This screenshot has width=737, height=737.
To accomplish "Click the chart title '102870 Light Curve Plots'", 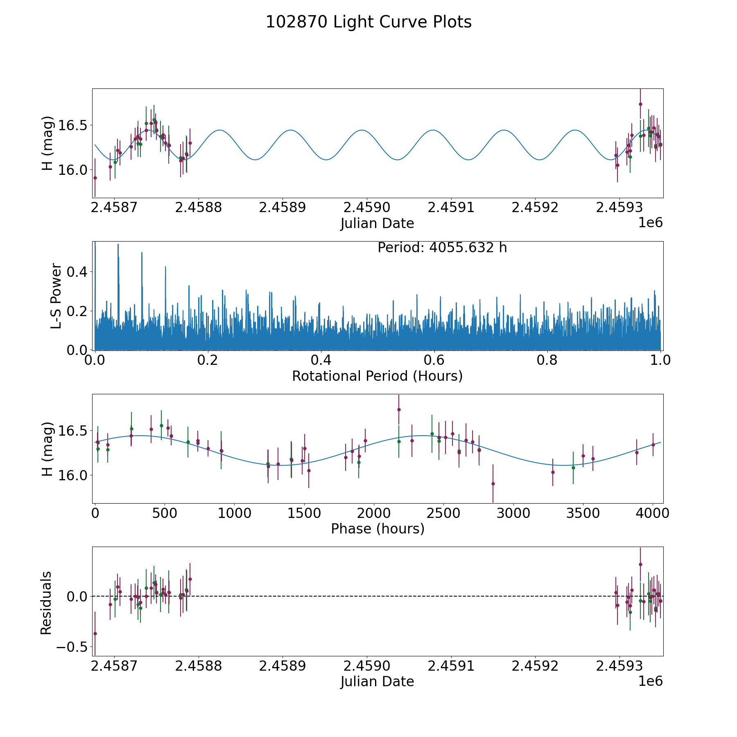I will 368,22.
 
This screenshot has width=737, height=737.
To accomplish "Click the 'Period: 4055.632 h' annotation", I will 442,248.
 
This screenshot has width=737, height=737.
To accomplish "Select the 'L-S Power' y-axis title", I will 57,296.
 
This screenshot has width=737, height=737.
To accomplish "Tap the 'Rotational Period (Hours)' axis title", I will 377,376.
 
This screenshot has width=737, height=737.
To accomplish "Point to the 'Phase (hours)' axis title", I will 377,529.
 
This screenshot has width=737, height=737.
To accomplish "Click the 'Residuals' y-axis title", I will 46,603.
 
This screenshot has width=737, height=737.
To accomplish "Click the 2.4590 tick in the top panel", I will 366,208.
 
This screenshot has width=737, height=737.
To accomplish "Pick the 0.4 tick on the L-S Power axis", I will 78,272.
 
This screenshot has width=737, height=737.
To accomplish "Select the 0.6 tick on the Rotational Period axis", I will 434,360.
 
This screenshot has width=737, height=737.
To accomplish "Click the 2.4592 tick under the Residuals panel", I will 535,666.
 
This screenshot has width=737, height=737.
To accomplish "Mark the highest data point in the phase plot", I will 398,409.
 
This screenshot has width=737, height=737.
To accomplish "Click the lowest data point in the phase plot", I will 493,484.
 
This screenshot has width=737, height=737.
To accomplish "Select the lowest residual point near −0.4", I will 95,633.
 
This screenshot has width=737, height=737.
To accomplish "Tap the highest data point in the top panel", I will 640,104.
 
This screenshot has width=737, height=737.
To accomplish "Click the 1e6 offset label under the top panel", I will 650,223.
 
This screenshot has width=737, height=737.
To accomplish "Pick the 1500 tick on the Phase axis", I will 304,513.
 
